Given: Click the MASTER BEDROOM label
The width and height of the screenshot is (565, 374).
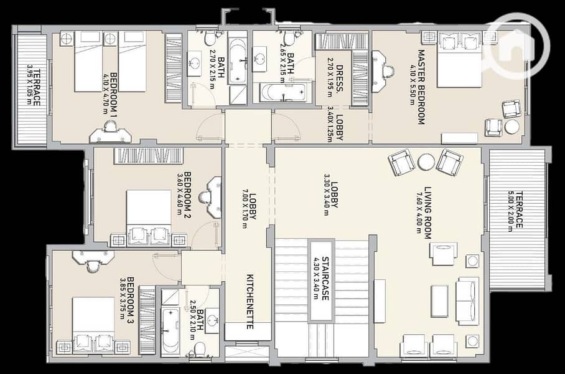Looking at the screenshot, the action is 421,87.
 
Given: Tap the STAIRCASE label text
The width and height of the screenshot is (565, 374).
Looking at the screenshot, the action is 325,279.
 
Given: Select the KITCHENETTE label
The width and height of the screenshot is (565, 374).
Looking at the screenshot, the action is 250,302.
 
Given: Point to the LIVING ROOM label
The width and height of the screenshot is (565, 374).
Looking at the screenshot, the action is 427,213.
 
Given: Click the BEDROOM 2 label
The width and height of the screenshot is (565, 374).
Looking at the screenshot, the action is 187,194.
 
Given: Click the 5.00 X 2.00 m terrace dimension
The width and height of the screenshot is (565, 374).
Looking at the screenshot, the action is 510,211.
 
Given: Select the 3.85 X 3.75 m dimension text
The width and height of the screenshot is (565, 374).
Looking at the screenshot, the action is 123,298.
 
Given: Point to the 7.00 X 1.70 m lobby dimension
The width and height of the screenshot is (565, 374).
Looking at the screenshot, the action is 245,209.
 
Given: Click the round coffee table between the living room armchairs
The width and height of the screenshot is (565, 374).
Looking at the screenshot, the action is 426,162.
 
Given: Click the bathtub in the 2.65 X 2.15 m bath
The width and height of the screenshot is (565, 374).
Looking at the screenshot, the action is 284,92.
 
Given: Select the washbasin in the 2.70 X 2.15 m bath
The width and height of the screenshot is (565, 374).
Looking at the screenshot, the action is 195,64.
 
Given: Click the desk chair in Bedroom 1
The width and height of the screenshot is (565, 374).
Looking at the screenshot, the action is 110,127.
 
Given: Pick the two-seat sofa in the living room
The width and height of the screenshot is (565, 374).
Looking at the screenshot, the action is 467,300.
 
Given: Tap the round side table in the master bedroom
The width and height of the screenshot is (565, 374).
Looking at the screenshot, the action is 511,127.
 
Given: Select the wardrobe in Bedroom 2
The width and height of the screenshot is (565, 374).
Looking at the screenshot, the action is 149,156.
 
